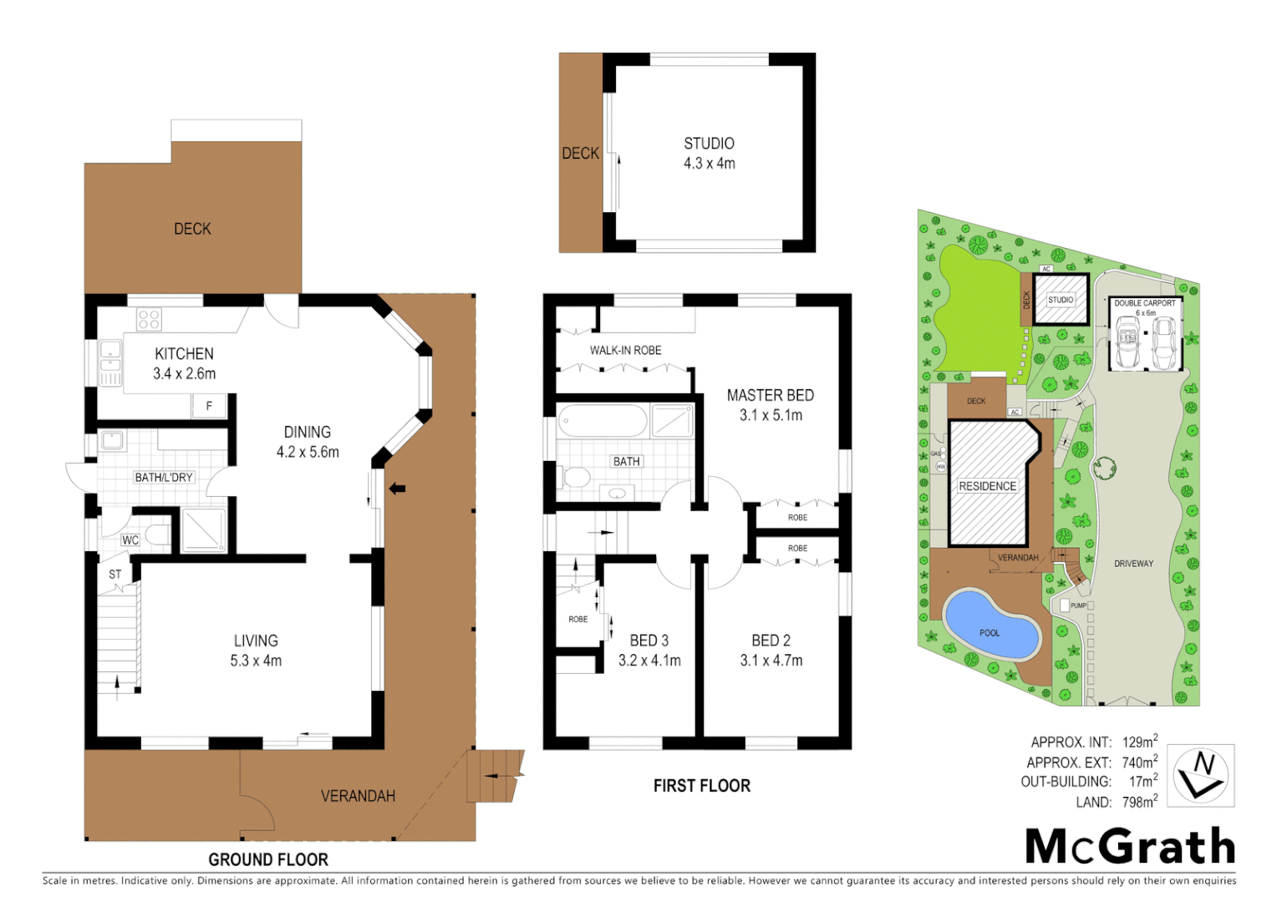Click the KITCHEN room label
tap(184, 354)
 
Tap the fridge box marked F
tap(209, 406)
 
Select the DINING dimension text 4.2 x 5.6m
tap(308, 453)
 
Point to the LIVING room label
tap(256, 641)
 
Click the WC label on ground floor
tap(130, 540)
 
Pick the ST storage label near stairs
tap(115, 575)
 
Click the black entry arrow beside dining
tap(397, 489)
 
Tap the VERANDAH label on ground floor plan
tap(358, 796)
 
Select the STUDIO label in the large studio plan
tap(709, 144)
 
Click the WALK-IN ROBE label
tap(625, 351)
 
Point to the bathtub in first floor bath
tap(602, 421)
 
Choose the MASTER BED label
tap(770, 396)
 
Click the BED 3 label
tap(649, 641)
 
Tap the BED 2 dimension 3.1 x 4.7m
tap(771, 661)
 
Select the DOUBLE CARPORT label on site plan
tap(1144, 303)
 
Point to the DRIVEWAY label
tap(1133, 564)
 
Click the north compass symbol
tap(1200, 775)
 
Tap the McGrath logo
tap(1130, 847)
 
